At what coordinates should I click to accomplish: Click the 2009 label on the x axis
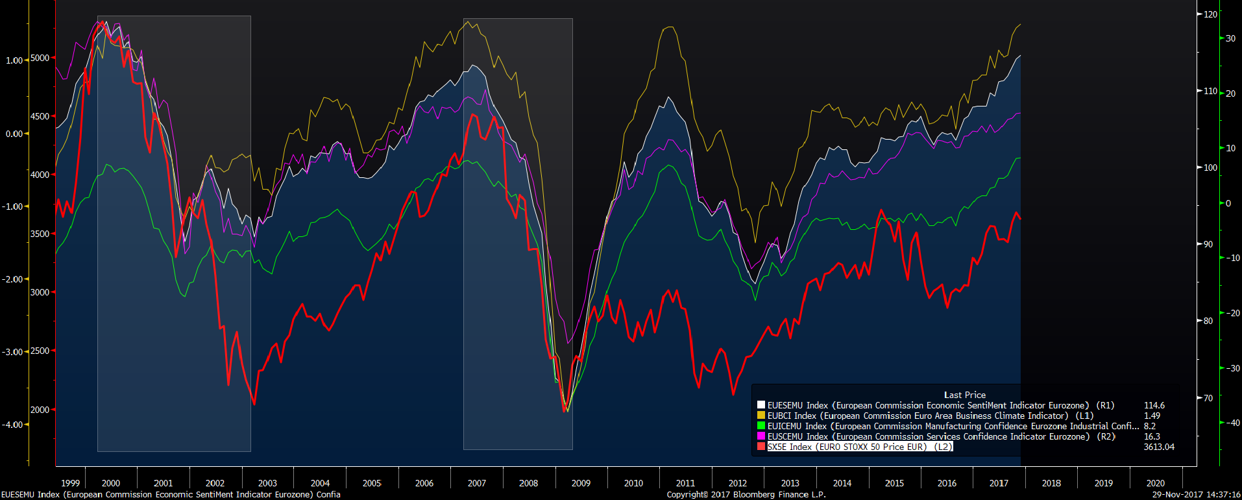tap(581, 483)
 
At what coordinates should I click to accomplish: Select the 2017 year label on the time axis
tap(999, 483)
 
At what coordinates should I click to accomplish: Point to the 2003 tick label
tap(267, 483)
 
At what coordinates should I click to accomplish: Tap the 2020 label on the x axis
tap(1155, 483)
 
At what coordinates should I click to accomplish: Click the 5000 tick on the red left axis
tap(40, 58)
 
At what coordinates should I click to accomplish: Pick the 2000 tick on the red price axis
tap(40, 410)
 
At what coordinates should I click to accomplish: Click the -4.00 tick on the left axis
tap(13, 425)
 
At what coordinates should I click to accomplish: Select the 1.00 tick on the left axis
tap(14, 60)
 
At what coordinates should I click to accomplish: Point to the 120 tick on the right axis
tap(1210, 14)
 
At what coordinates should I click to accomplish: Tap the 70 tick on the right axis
tap(1208, 398)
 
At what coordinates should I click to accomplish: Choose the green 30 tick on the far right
tap(1230, 38)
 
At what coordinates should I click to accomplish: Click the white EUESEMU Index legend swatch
tap(761, 405)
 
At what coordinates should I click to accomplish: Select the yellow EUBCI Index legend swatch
tap(761, 416)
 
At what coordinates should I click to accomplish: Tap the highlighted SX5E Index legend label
tap(859, 447)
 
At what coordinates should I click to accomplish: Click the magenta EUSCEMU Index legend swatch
tap(761, 436)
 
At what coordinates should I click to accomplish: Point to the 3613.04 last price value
tap(1159, 447)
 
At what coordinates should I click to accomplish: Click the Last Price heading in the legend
tap(964, 395)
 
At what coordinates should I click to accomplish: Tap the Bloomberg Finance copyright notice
tap(746, 495)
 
